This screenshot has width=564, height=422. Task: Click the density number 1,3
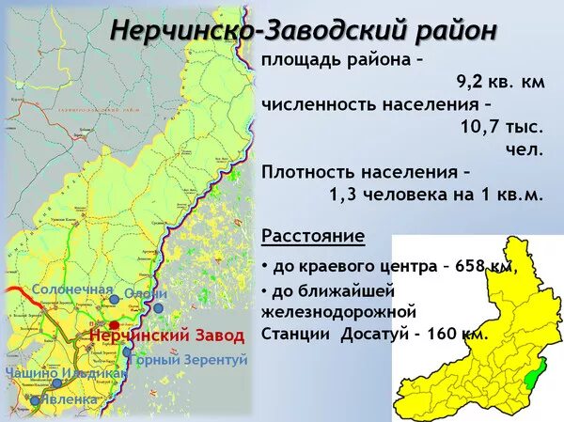tap(343, 195)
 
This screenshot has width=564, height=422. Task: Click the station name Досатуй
tap(369, 333)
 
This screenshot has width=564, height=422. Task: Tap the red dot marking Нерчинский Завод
tap(115, 324)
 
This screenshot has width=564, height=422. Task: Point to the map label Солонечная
tap(72, 289)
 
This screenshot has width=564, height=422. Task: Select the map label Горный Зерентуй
tap(188, 360)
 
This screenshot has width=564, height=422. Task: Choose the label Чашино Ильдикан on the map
tap(66, 372)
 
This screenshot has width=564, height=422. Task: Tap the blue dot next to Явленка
tap(36, 400)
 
